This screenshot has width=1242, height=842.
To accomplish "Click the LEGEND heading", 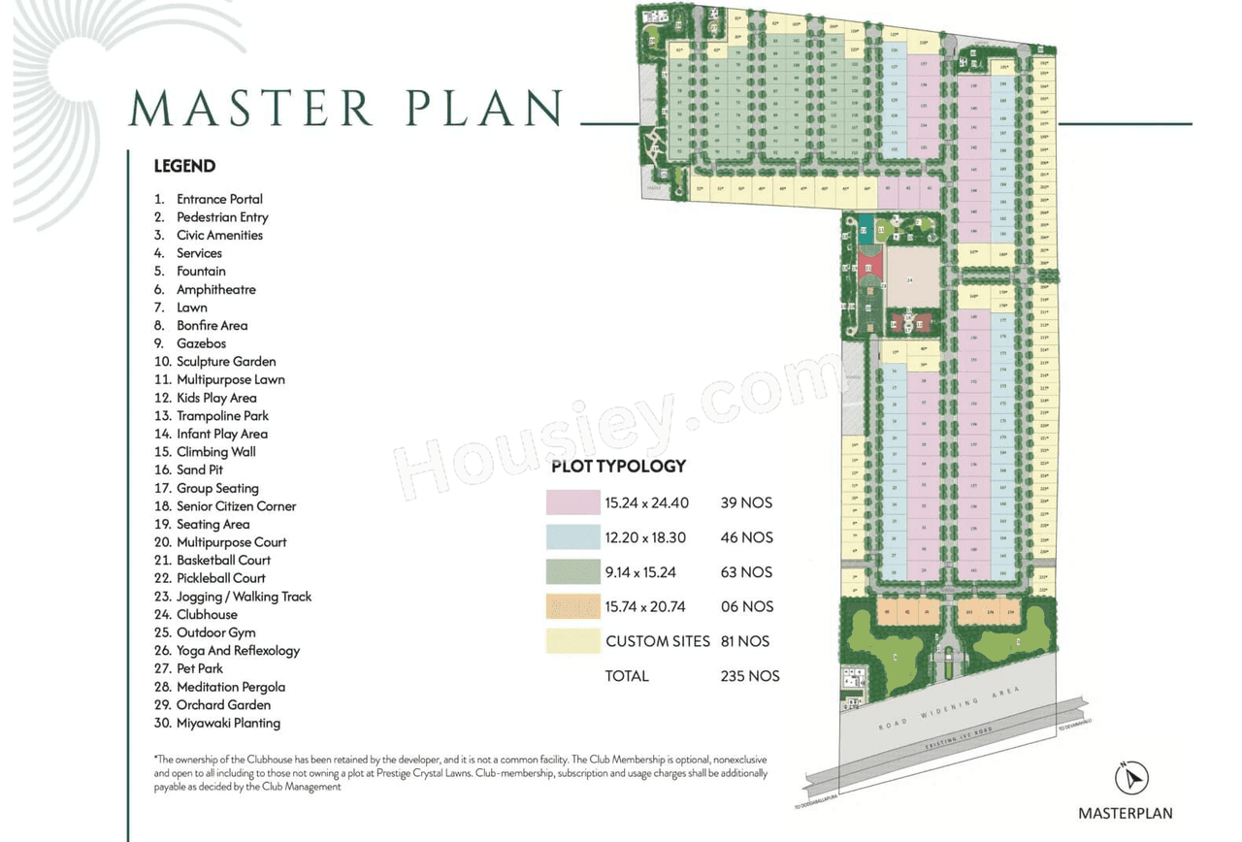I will point(184,166).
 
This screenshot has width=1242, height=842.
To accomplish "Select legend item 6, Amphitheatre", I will point(215,289).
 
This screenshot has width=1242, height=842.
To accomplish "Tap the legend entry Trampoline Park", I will point(222,416).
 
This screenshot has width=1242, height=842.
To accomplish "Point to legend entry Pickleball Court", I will point(220,578).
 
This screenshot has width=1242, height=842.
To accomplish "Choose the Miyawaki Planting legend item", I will point(228,723).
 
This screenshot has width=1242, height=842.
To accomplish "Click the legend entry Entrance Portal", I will point(219,199).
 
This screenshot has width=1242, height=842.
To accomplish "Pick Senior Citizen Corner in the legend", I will point(236,506).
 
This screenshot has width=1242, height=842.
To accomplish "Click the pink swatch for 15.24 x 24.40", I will point(572,502).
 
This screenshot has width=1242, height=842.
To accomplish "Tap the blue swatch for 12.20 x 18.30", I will point(572,537).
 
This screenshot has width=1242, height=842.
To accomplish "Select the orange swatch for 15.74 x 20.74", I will point(572,606).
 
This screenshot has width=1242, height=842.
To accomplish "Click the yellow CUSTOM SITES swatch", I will point(572,641).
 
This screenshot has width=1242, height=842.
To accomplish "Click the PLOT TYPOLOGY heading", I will point(618,466).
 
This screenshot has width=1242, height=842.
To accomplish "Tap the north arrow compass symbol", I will point(1131,778).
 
